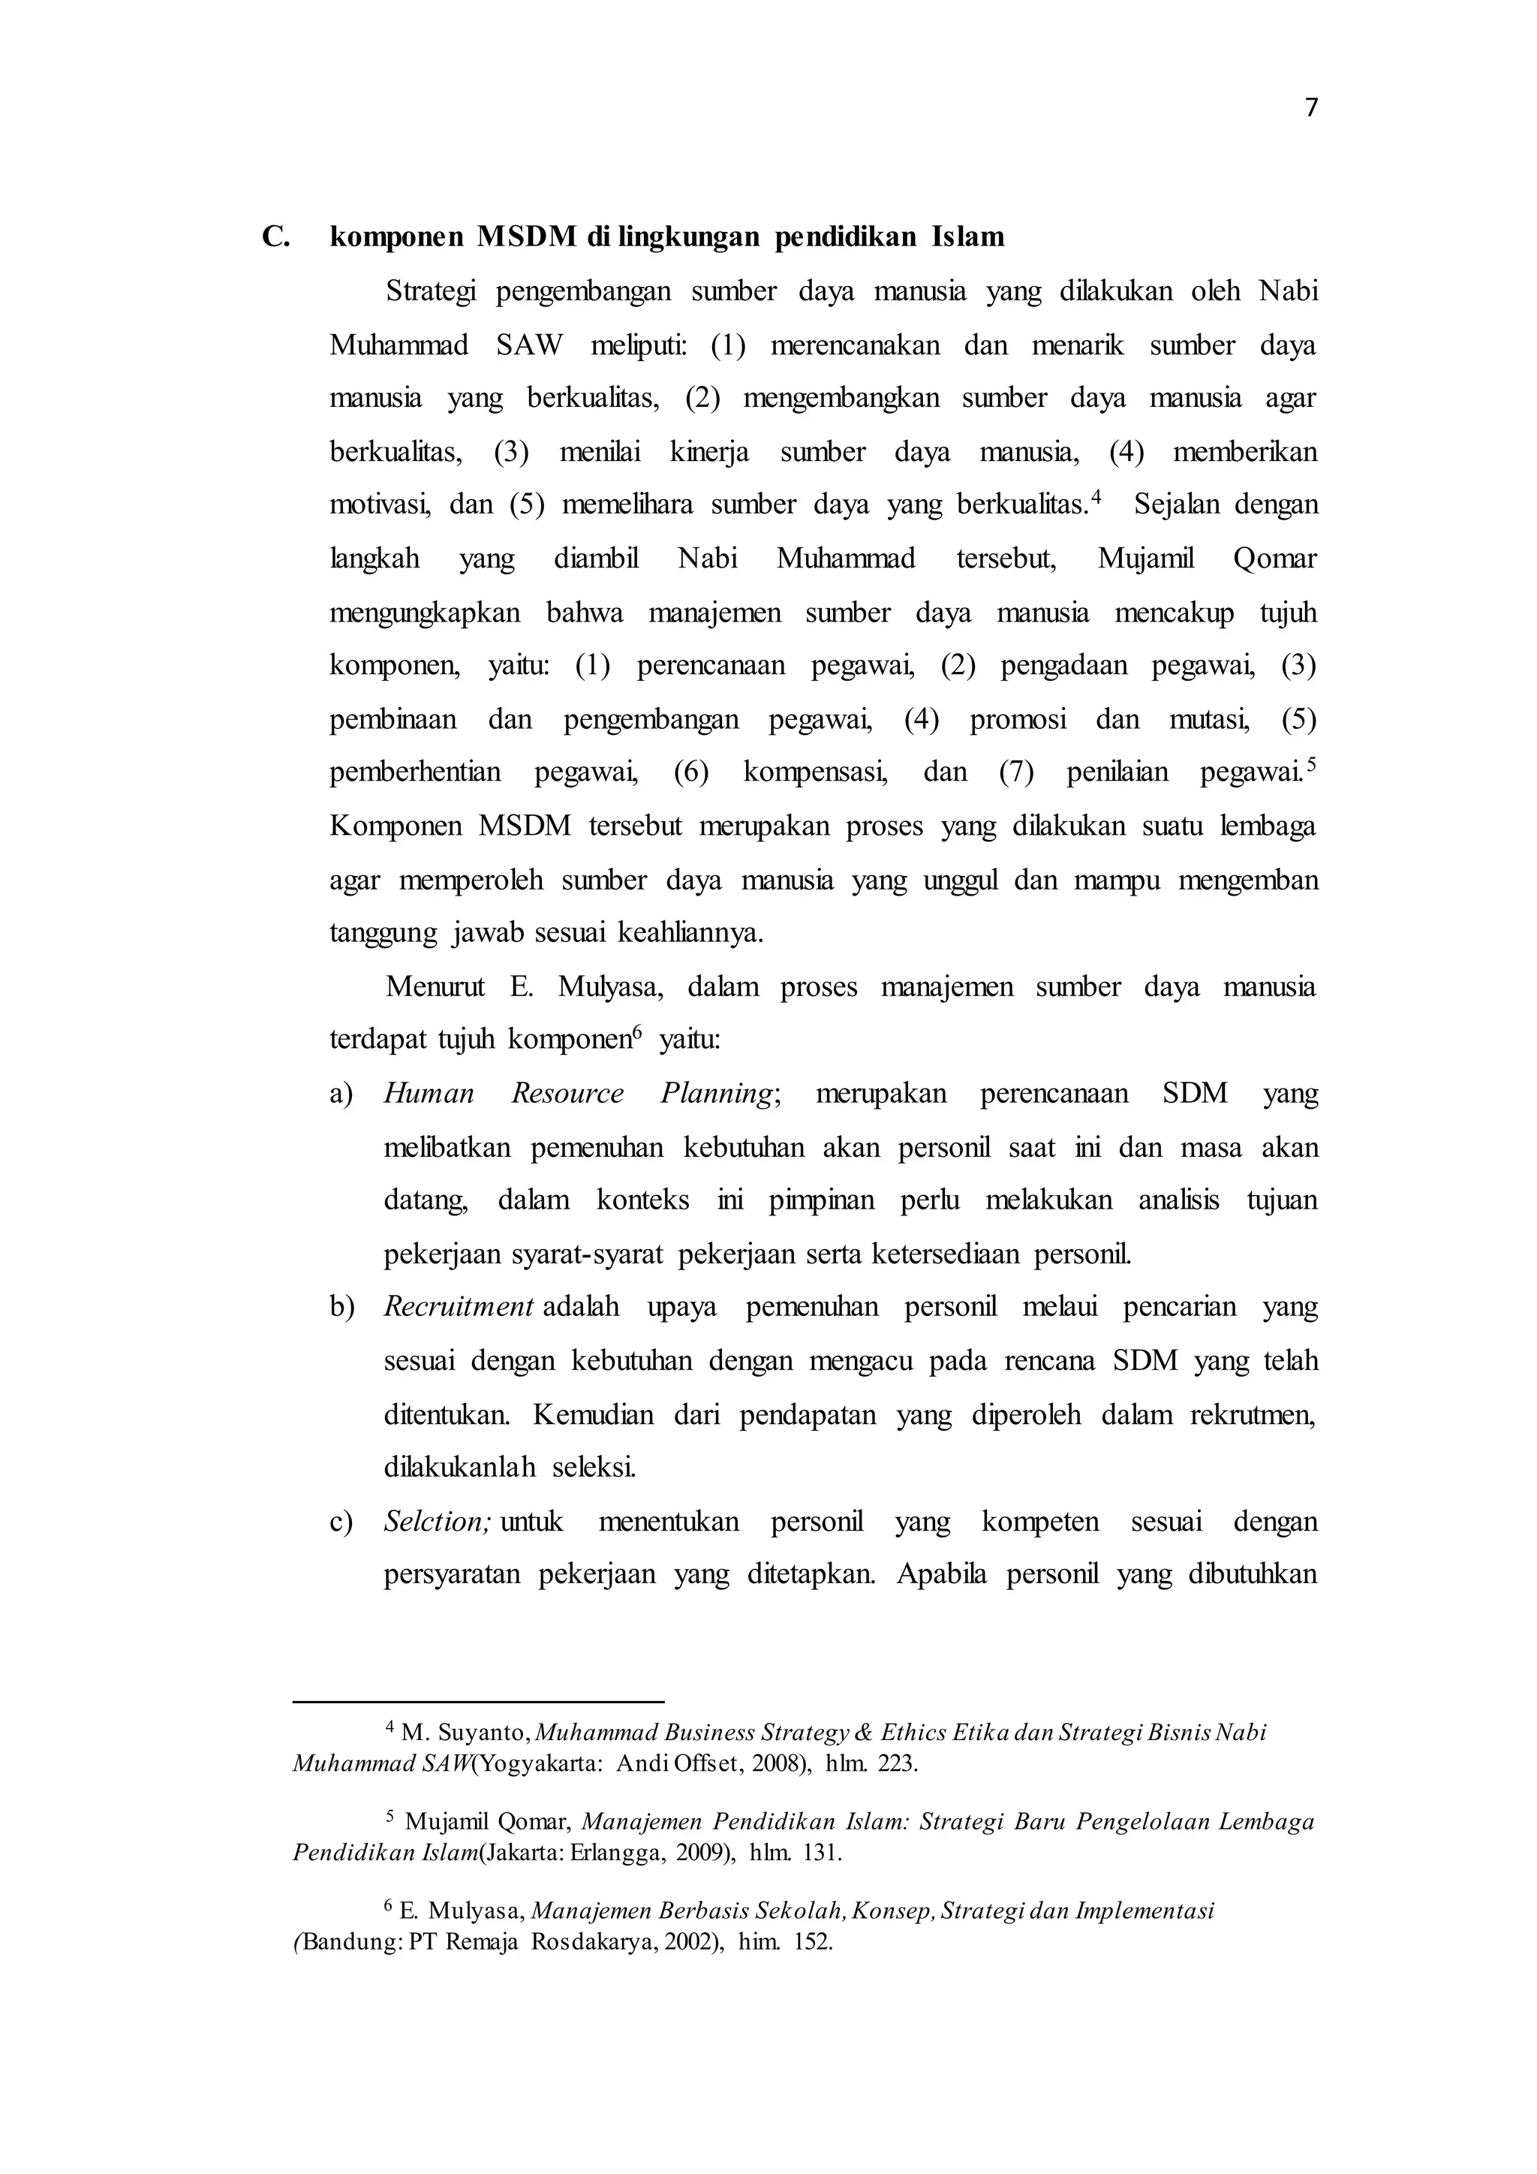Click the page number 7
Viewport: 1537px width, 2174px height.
point(1311,109)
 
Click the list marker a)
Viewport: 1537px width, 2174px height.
point(341,1095)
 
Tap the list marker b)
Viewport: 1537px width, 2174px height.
point(341,1308)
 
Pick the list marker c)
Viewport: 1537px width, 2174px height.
point(341,1522)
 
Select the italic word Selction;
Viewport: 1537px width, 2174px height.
point(438,1522)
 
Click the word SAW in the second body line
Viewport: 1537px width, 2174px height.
point(529,345)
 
